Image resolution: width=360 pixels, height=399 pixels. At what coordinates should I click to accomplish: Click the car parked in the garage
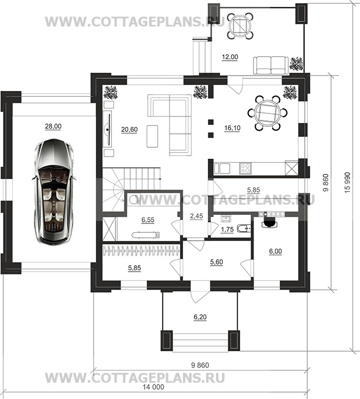coord(54,192)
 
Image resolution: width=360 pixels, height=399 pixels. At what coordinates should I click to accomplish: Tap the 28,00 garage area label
coord(53,126)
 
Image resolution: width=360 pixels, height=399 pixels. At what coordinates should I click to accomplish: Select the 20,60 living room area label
coord(129,129)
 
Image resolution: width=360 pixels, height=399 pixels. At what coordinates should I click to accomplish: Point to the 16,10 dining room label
coord(232,128)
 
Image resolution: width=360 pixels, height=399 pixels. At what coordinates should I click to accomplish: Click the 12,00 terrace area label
coord(230,57)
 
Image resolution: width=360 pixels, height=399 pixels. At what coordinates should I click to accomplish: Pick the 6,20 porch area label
coord(200,317)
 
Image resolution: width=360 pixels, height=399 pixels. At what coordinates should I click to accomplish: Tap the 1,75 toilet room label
coord(227,229)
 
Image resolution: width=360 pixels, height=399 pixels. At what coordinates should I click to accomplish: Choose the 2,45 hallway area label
coord(196,216)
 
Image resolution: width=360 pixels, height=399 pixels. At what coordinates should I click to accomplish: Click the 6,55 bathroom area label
coord(148,219)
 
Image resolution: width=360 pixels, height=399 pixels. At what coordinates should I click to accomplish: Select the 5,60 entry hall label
coord(217,262)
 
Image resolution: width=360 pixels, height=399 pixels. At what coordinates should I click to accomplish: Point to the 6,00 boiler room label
coord(275,251)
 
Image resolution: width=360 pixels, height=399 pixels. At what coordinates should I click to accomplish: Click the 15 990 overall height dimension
coord(348,183)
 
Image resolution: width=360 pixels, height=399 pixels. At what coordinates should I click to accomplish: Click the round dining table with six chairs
coord(268,113)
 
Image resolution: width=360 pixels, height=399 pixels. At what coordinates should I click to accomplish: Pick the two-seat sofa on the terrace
coord(271,65)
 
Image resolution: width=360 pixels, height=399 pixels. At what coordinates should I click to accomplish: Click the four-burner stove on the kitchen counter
coord(245,169)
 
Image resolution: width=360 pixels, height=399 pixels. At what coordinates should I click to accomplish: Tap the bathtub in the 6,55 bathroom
coord(146,235)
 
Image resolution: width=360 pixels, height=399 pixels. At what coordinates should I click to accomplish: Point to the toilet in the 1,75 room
coord(244,228)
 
